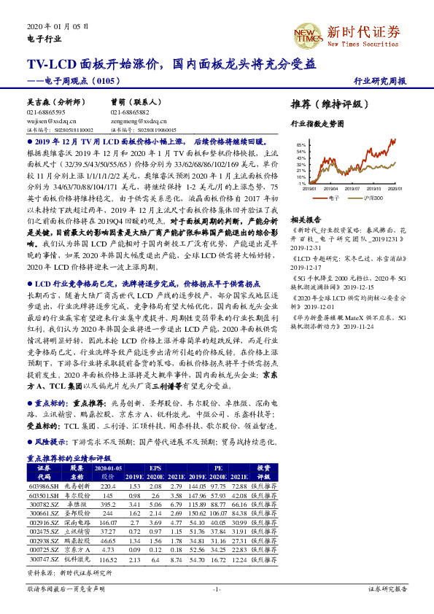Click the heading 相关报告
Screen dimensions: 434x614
[306, 219]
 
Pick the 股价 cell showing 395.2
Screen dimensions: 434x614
[108, 503]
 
